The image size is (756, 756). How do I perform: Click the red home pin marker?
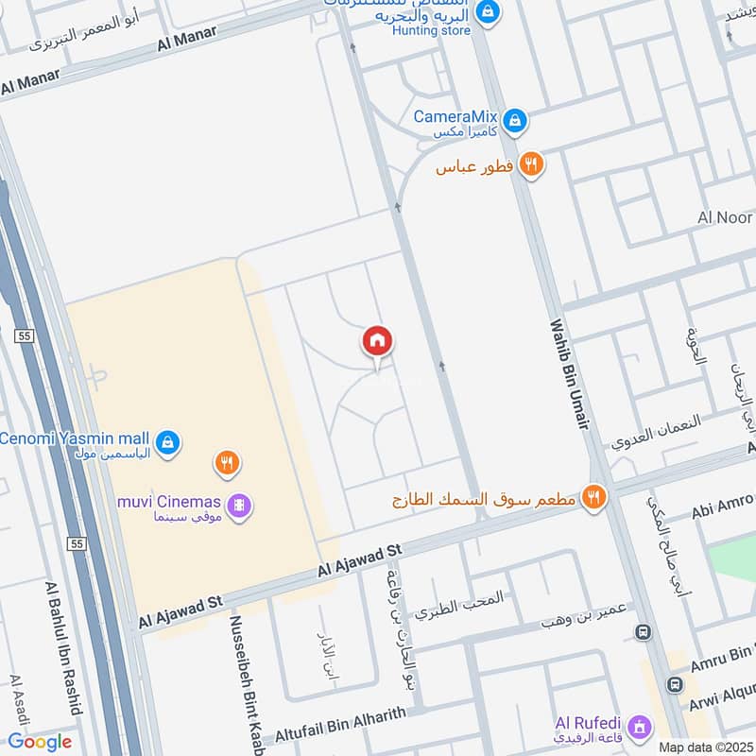tap(377, 341)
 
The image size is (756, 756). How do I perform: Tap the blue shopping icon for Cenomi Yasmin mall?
tap(167, 441)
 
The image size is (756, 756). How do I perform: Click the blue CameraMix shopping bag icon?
tap(514, 120)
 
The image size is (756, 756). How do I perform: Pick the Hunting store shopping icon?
tap(488, 12)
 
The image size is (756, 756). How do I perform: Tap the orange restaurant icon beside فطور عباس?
tap(532, 164)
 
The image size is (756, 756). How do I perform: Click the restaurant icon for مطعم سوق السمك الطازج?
tap(593, 496)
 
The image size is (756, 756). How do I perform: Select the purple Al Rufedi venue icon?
tap(641, 727)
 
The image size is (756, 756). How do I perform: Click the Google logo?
tap(40, 741)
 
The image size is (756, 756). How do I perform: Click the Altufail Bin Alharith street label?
tap(340, 724)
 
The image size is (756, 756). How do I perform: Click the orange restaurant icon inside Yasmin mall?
tap(226, 463)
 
